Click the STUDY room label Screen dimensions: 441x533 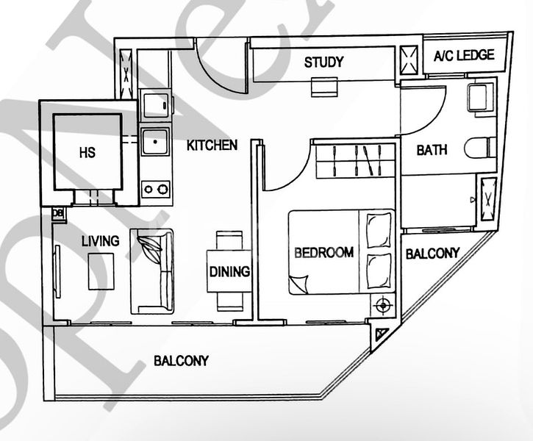[323, 62]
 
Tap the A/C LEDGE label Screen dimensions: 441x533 [463, 56]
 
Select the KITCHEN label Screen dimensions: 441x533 [212, 145]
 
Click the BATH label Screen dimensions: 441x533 [432, 151]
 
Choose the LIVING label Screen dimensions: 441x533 [101, 240]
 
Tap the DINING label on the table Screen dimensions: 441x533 [229, 271]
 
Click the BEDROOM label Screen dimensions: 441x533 [323, 252]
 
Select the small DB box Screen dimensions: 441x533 [57, 213]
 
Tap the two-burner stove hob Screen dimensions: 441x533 [155, 189]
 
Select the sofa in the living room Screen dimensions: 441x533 [151, 270]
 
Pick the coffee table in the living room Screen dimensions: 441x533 [101, 271]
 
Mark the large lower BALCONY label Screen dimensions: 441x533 [181, 361]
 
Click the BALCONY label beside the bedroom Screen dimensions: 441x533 [432, 254]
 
